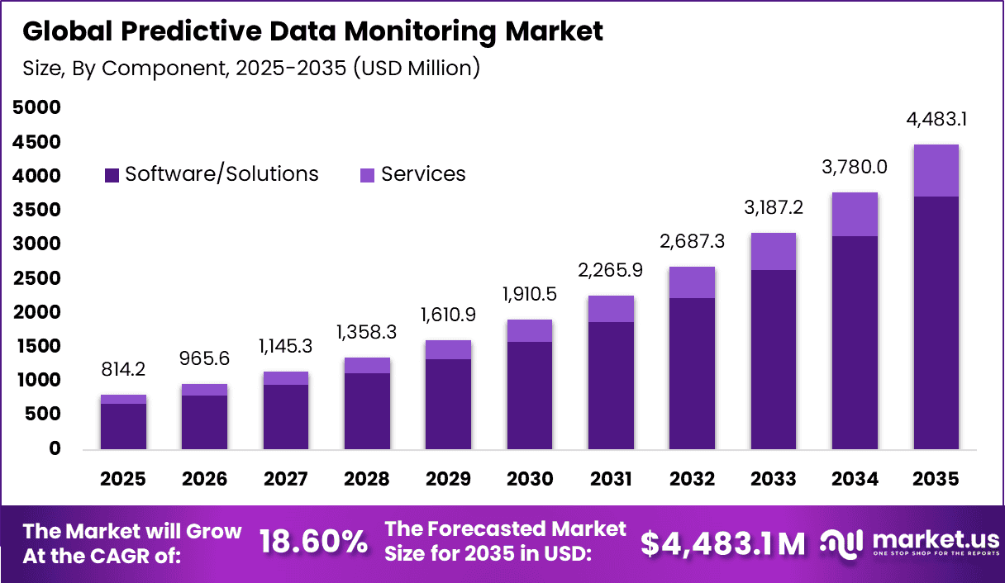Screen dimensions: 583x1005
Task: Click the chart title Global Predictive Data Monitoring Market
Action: click(x=312, y=32)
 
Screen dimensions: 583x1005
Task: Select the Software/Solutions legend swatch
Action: click(x=112, y=175)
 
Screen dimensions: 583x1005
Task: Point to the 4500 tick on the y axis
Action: click(x=37, y=142)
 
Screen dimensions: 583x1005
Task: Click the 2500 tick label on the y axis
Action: click(x=37, y=278)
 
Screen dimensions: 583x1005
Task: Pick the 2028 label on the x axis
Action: click(x=366, y=480)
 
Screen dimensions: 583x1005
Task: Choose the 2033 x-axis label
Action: click(x=773, y=480)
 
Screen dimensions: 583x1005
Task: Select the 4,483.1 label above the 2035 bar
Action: click(x=936, y=119)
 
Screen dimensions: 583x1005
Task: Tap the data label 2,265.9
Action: click(x=611, y=270)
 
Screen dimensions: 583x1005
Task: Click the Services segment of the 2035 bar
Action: click(x=936, y=170)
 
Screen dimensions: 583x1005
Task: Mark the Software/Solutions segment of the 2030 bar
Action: click(x=530, y=396)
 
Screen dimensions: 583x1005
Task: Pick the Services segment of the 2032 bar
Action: click(x=693, y=282)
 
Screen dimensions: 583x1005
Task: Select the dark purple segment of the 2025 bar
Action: click(x=123, y=427)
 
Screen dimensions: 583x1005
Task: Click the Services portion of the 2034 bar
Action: click(x=855, y=215)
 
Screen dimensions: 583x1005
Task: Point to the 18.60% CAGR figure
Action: click(x=313, y=543)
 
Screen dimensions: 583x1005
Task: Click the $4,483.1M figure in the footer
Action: click(x=722, y=543)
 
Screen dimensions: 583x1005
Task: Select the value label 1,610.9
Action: click(x=448, y=316)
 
